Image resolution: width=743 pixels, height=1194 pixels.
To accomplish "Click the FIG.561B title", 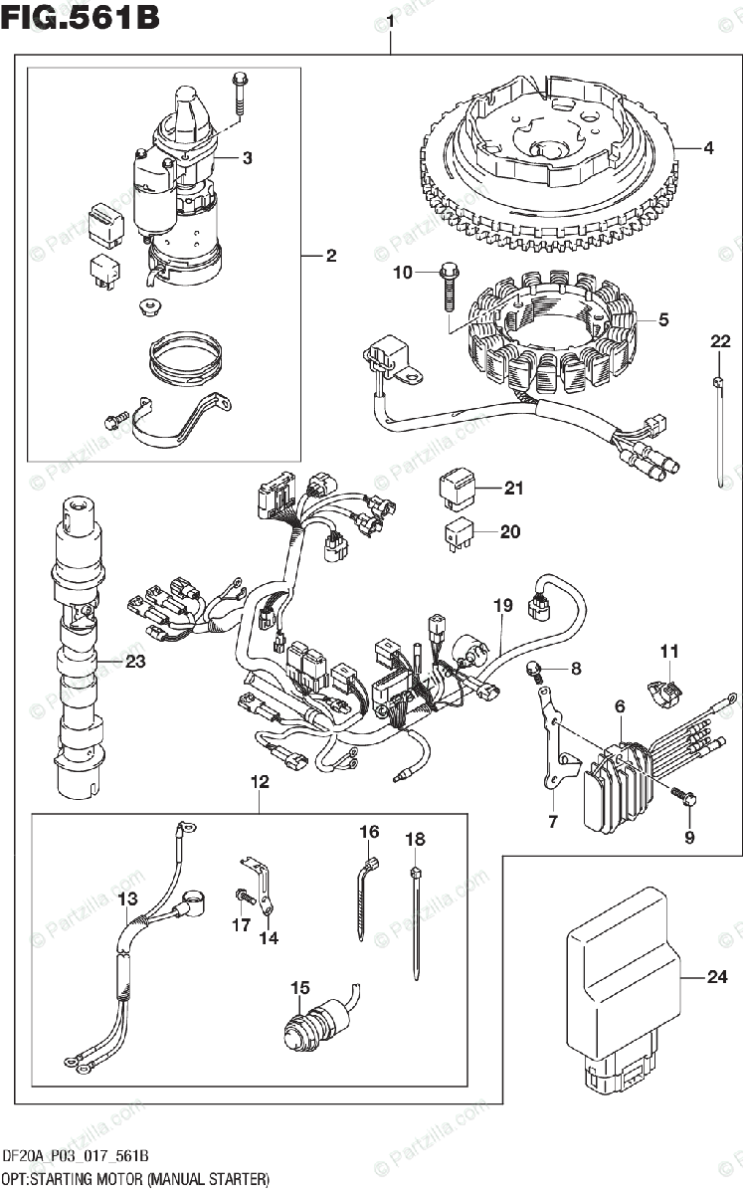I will pos(81,19).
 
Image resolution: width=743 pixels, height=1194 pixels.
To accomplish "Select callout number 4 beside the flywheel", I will pos(708,149).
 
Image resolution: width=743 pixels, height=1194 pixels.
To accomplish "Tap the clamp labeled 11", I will pos(669,689).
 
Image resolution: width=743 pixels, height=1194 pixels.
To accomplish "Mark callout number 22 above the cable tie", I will pos(719,343).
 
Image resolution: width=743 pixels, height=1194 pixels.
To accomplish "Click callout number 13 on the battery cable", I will pos(127,900).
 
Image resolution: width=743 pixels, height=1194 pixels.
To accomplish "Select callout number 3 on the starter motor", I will pos(247,157).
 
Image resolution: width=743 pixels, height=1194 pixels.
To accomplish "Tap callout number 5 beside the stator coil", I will pos(662,320).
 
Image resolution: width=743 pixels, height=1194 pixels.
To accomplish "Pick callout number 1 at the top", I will pos(391,20).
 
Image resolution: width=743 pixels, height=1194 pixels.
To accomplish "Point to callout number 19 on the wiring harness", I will pos(502,604).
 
